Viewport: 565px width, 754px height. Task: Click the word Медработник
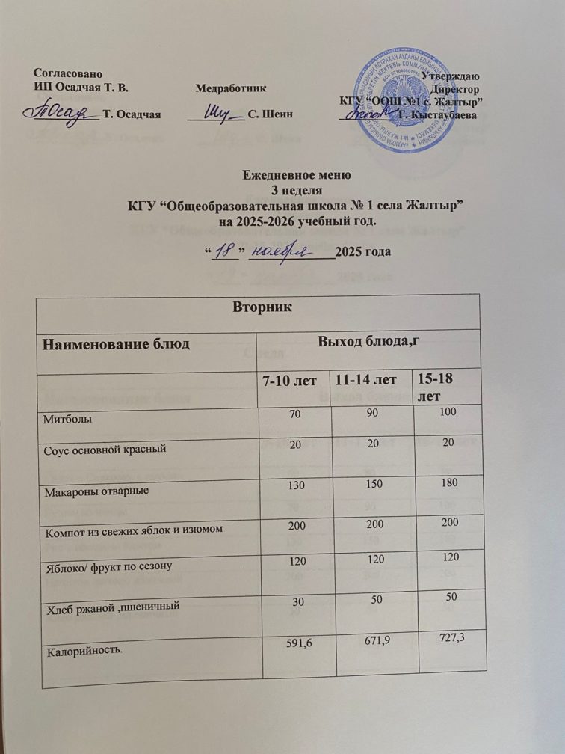[231, 88]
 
